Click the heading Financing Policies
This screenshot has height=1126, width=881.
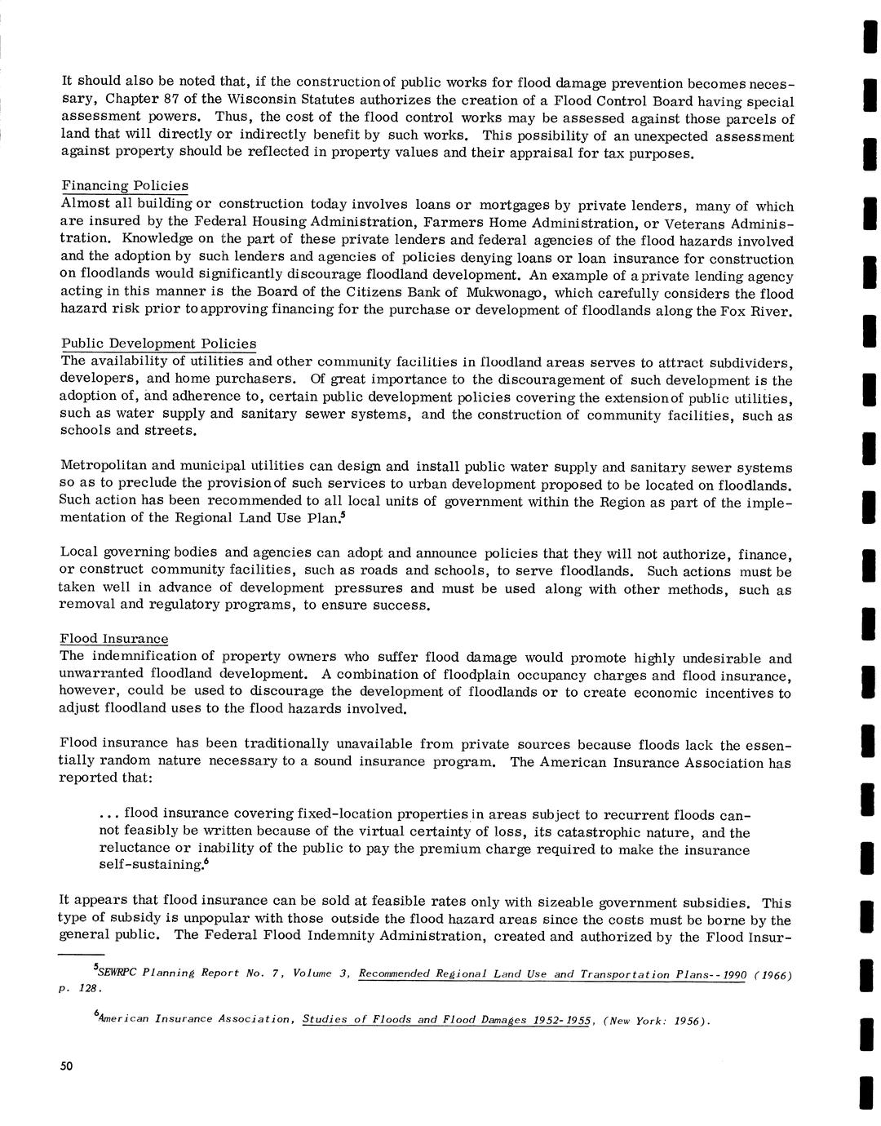124,186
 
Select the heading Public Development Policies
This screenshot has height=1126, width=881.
158,344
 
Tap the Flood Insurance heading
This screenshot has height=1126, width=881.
114,639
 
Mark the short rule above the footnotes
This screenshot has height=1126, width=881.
82,953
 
